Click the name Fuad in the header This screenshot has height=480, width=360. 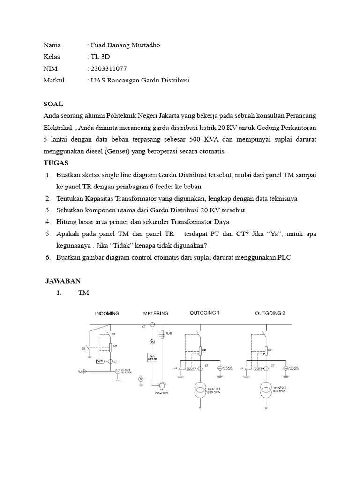[98, 45]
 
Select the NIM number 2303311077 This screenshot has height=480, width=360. [107, 69]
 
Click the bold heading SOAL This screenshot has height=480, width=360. [53, 104]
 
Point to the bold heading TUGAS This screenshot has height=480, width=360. [56, 163]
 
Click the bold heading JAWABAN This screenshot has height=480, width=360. [63, 281]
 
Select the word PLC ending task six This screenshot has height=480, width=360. [284, 257]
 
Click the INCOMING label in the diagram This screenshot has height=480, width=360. [107, 313]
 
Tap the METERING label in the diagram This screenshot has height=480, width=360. [156, 313]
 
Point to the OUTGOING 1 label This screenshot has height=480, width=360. [204, 313]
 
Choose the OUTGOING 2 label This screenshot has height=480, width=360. [270, 313]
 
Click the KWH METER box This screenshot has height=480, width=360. [152, 358]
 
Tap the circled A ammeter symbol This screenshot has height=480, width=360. [152, 342]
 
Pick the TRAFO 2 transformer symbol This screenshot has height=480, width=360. [266, 389]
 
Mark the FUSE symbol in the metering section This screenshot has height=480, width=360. [162, 334]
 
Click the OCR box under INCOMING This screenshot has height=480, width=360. [99, 361]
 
